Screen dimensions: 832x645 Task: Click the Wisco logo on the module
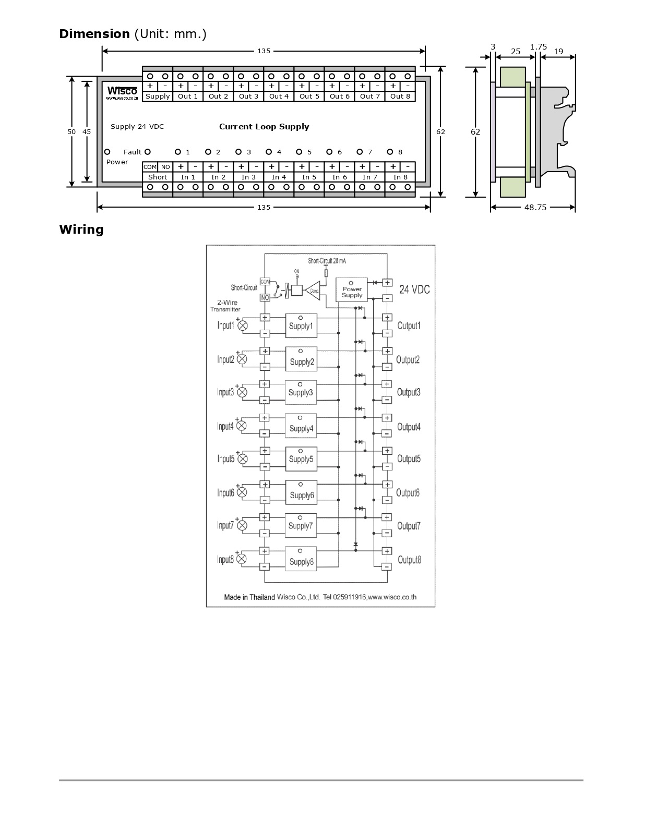click(123, 92)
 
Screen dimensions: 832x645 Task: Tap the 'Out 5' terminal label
click(309, 96)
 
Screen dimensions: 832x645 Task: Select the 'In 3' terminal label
click(248, 177)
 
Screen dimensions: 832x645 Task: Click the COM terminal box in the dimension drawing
click(150, 167)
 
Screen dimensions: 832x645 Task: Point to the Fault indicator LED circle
click(148, 152)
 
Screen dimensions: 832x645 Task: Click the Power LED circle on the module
click(107, 152)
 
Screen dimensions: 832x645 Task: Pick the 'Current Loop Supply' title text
click(264, 127)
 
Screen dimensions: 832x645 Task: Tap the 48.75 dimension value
click(535, 207)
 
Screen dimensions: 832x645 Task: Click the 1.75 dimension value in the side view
click(538, 47)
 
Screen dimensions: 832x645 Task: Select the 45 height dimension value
click(87, 131)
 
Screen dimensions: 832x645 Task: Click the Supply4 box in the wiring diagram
click(301, 426)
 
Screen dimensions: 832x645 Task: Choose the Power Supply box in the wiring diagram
click(352, 289)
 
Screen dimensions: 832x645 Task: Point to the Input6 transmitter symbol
click(242, 492)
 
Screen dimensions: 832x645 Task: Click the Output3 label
click(409, 392)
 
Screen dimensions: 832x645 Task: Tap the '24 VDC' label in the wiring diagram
click(414, 289)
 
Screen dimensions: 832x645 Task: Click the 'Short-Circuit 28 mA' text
click(327, 260)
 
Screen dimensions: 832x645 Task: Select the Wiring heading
click(81, 230)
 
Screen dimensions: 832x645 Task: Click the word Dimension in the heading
click(94, 34)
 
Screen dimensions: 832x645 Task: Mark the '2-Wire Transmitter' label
click(226, 306)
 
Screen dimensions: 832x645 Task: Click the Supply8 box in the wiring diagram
click(301, 559)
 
